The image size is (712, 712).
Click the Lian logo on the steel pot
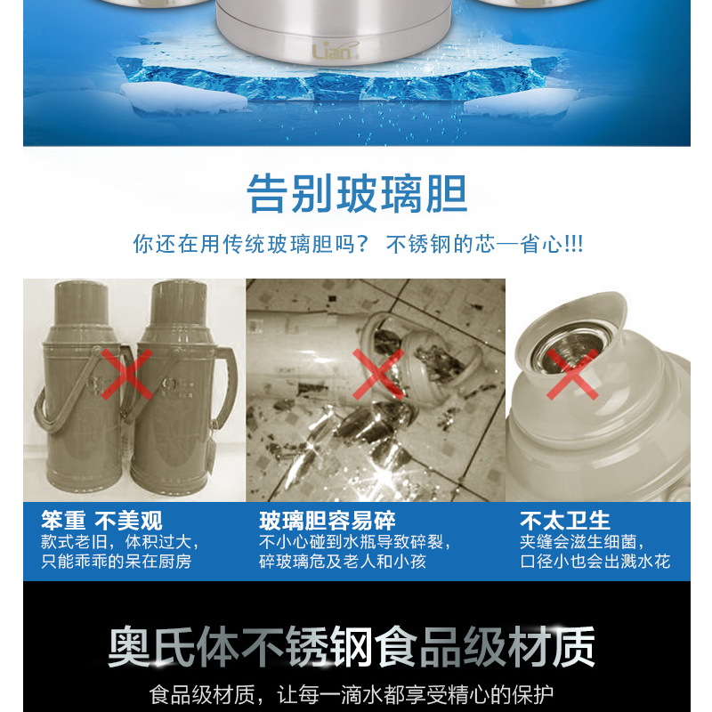336,51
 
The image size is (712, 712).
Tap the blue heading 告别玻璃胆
357,193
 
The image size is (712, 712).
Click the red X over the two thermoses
126,374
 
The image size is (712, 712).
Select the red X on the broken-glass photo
378,374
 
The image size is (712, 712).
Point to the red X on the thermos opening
572,374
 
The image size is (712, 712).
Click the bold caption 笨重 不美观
101,521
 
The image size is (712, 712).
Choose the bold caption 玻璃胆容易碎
328,521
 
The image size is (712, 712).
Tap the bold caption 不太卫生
565,521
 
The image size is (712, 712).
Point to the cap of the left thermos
82,303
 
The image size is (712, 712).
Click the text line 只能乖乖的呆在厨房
117,562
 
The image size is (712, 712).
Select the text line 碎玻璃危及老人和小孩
343,562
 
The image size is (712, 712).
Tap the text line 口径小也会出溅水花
595,562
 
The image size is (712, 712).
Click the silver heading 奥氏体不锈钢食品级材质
352,647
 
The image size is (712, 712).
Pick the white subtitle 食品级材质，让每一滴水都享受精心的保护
352,695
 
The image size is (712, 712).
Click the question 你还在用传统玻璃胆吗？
250,244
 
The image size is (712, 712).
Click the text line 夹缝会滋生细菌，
582,542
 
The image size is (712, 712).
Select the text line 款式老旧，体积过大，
120,542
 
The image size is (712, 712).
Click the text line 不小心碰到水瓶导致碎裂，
355,542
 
